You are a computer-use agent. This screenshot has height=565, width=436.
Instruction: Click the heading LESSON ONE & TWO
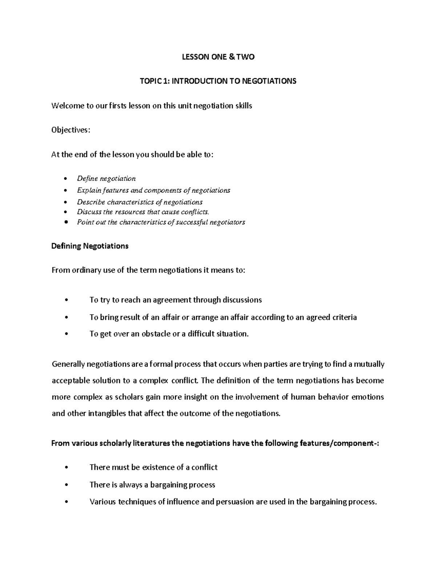218,57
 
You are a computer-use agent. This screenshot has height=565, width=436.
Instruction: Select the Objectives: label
70,130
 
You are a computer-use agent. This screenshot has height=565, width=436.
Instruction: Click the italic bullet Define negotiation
106,178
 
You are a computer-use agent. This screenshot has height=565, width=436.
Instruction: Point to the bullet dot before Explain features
65,190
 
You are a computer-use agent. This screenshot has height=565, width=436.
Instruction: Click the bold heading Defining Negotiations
90,246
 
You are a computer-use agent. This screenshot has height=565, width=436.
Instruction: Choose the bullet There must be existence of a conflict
153,467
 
